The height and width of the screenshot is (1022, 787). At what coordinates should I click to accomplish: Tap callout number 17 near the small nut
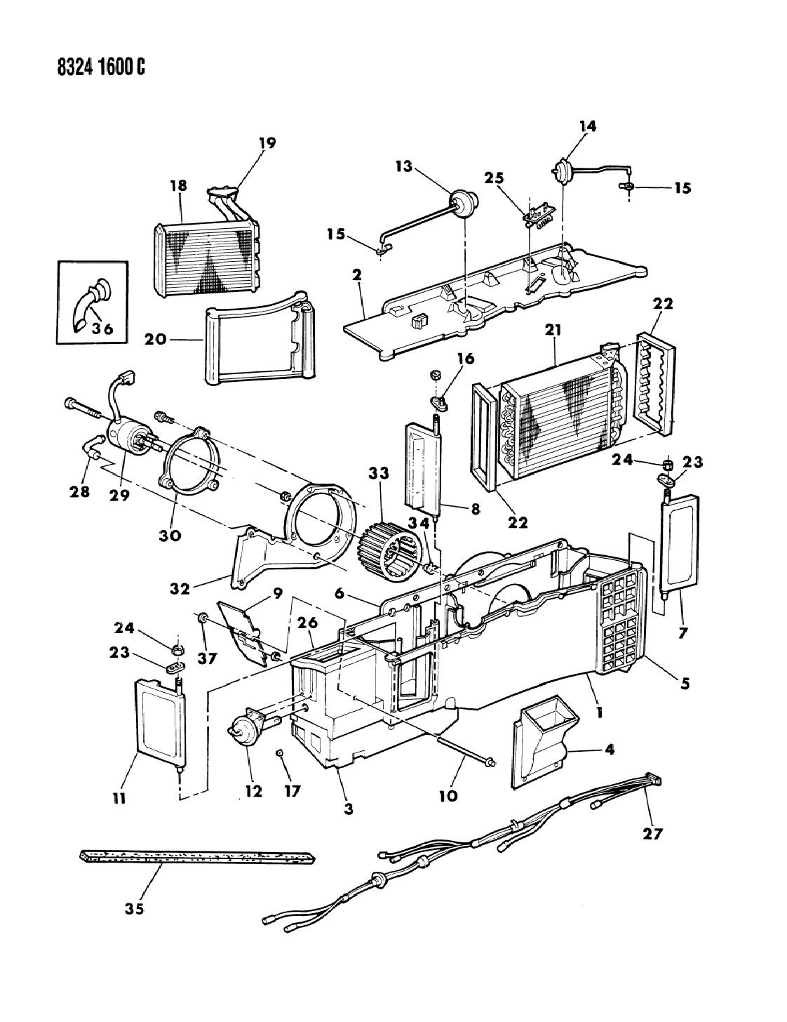(x=292, y=790)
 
